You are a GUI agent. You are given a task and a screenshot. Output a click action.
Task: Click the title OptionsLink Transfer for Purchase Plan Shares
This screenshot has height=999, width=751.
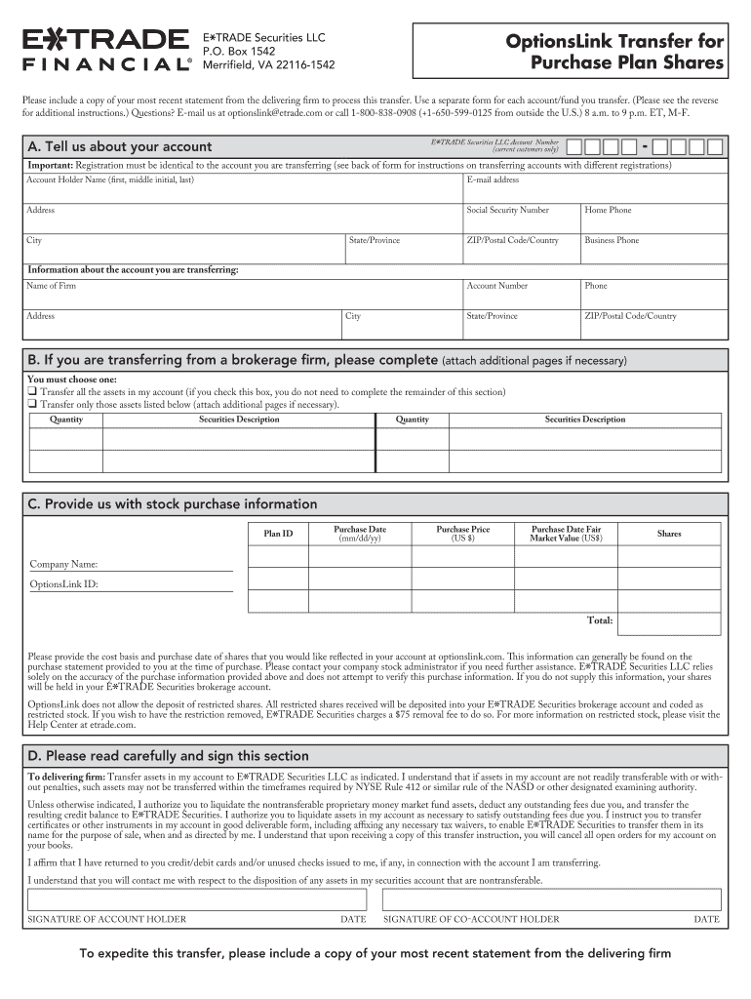613,53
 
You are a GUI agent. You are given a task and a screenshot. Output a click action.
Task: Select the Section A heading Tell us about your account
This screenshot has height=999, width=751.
134,147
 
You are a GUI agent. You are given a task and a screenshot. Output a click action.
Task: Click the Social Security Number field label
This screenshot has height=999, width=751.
507,211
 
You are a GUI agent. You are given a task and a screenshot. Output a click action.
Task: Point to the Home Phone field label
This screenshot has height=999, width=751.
608,211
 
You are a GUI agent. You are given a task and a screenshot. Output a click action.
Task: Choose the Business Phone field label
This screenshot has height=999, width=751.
612,241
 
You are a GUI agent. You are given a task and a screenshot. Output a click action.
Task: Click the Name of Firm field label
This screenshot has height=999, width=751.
51,287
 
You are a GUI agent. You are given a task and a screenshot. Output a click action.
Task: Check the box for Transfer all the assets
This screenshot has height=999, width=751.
32,392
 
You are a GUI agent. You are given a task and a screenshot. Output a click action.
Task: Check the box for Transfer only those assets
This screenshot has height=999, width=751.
32,405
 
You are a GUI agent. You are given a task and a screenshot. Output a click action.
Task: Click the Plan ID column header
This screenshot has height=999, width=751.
278,534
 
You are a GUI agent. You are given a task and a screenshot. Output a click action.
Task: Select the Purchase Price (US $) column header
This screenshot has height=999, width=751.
462,534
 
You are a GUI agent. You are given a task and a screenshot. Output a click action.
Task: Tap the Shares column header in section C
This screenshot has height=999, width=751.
669,534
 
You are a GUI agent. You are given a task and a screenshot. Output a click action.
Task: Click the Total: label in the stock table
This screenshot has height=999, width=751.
599,620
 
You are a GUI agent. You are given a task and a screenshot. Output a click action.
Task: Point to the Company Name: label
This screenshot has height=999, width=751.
63,565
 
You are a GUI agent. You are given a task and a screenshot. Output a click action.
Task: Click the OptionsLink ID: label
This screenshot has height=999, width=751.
63,585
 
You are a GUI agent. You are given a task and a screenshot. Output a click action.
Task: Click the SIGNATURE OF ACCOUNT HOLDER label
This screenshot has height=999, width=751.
106,920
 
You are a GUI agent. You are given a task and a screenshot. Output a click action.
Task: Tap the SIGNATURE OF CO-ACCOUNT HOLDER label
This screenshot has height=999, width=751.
471,920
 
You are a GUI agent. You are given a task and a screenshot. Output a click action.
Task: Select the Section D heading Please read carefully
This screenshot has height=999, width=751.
168,756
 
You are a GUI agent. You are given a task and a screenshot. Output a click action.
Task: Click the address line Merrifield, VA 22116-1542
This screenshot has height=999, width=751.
267,65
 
